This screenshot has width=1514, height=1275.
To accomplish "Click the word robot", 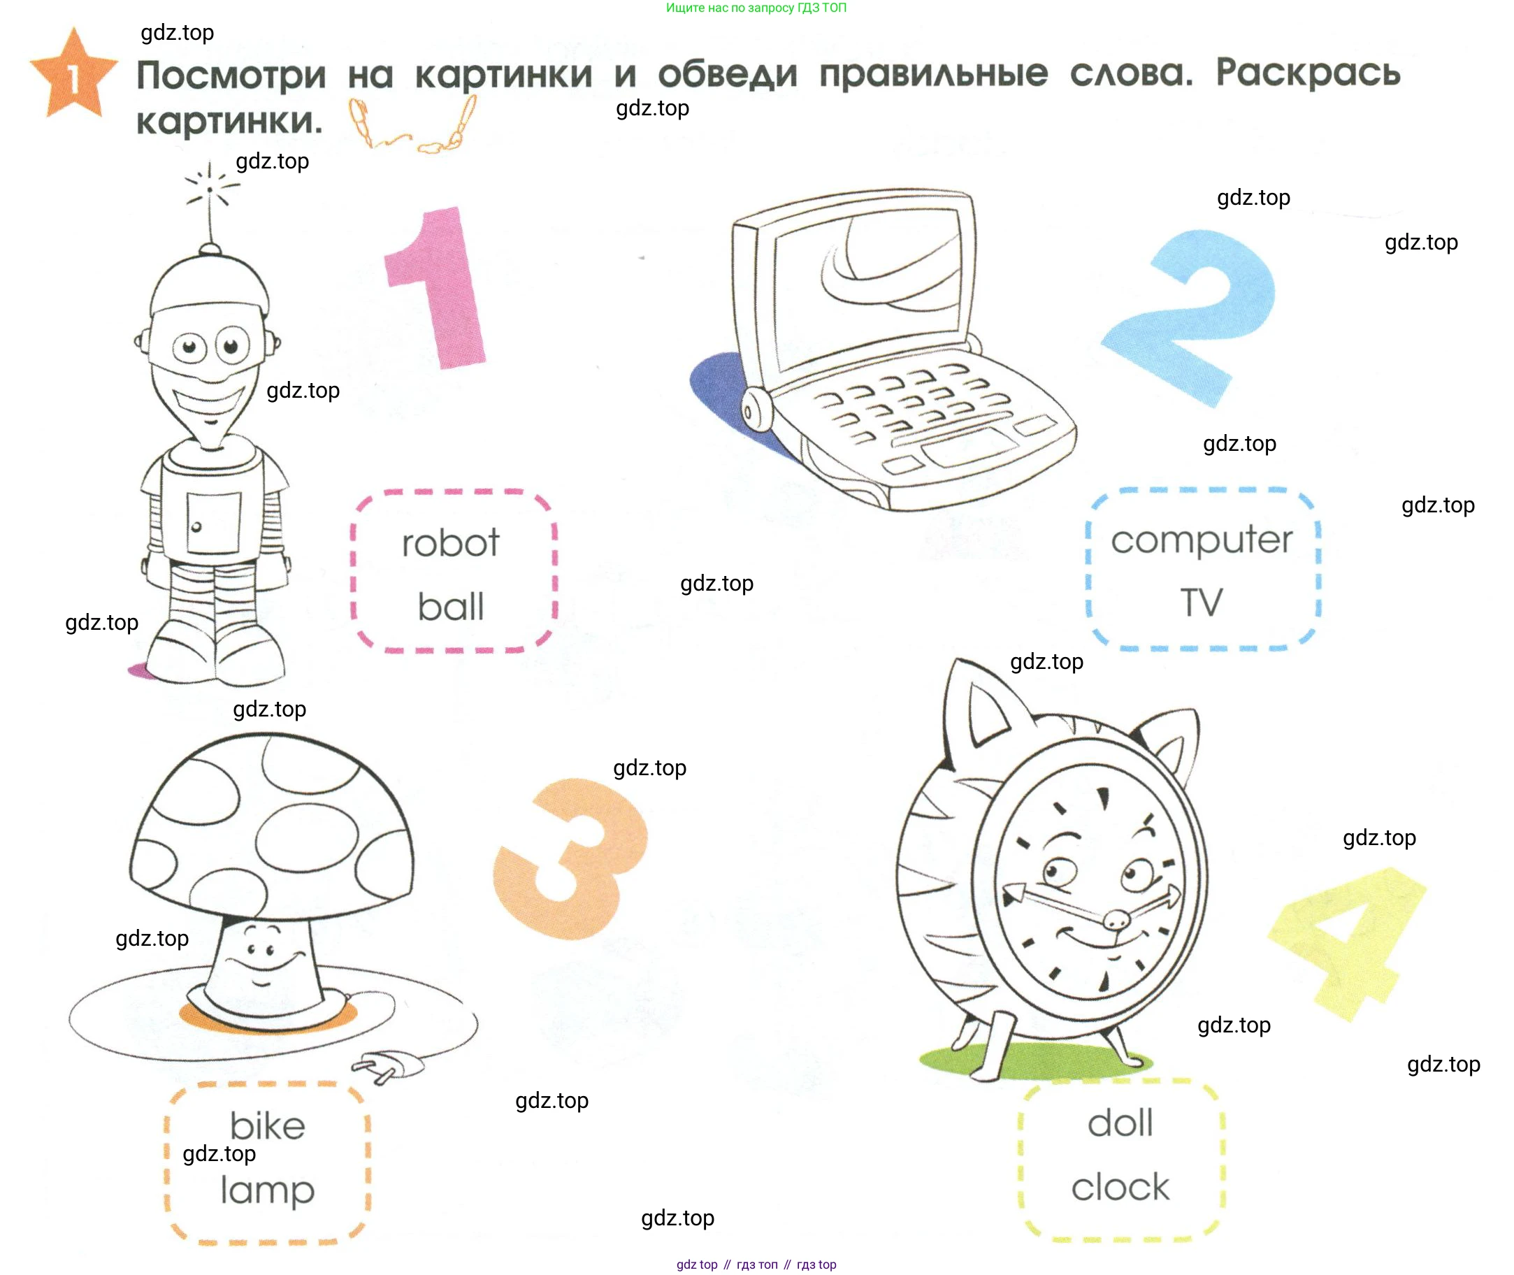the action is (x=450, y=543).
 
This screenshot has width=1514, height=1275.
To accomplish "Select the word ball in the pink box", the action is (x=450, y=606).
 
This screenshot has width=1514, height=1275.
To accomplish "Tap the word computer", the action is (x=1201, y=540).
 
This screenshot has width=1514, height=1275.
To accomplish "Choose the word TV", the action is (x=1201, y=602).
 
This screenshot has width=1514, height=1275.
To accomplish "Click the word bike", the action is (x=268, y=1125).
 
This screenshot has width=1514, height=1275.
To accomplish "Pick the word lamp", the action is (x=268, y=1190).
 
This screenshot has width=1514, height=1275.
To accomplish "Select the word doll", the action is (x=1120, y=1123).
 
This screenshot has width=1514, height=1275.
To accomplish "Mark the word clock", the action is (x=1120, y=1187).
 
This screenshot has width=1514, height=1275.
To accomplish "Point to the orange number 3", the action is (x=571, y=858).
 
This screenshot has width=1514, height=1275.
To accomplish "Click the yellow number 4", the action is (x=1346, y=943).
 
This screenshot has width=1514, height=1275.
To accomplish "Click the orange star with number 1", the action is (x=73, y=75).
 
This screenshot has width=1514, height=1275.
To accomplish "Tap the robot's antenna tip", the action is (x=210, y=189).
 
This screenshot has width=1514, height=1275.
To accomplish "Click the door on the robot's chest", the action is (x=214, y=523).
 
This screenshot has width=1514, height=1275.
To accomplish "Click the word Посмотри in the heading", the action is (x=232, y=75).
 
